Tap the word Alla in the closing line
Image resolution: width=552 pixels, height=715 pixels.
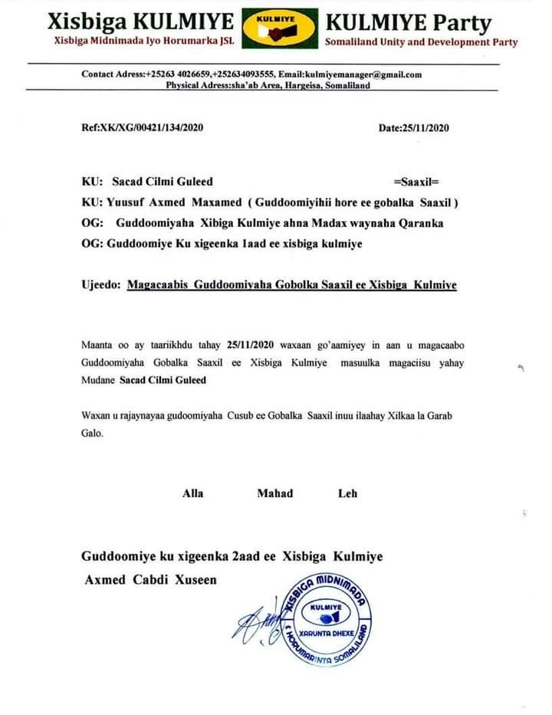pos(192,493)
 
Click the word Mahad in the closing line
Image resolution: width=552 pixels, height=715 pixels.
pos(274,493)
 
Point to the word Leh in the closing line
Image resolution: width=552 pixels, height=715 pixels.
pos(347,493)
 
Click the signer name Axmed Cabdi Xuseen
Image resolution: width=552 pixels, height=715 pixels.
pos(150,580)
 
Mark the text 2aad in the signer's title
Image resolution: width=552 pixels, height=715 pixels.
pos(232,556)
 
